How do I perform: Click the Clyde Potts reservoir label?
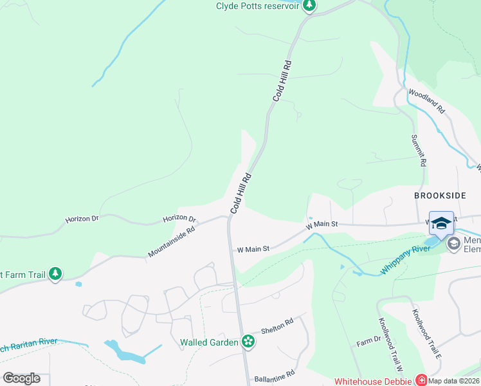click(257, 5)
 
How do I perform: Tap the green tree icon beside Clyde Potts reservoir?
click(309, 5)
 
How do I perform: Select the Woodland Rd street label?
click(426, 103)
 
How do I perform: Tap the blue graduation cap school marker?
click(441, 223)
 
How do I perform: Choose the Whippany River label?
click(406, 259)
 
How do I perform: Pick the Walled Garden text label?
click(209, 342)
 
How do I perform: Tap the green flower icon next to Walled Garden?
click(248, 342)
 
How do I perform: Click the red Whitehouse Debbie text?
click(373, 381)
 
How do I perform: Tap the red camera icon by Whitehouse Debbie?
click(421, 380)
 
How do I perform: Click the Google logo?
click(22, 378)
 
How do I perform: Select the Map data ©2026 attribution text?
click(454, 381)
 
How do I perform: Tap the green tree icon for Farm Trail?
click(55, 274)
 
